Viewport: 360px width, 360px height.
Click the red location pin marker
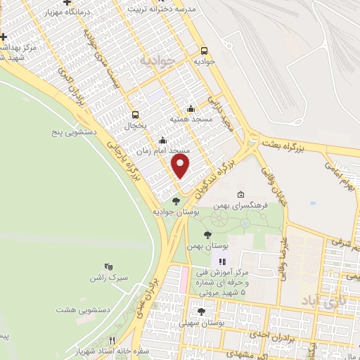click(x=181, y=166)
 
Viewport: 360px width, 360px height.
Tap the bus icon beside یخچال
click(x=135, y=115)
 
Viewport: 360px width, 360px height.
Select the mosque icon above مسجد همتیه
click(x=191, y=108)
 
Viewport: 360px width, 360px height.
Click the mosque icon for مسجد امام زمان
click(x=162, y=140)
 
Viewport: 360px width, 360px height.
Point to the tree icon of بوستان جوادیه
click(x=176, y=201)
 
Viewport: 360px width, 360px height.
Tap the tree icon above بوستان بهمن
click(x=207, y=236)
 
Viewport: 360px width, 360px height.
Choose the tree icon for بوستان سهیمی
click(x=201, y=311)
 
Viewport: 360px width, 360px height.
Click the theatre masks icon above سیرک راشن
click(x=108, y=266)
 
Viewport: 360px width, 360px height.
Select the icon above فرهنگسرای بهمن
click(x=240, y=195)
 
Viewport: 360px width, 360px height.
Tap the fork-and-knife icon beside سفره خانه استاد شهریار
click(x=110, y=340)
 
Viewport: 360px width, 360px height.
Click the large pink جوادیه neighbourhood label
click(x=156, y=60)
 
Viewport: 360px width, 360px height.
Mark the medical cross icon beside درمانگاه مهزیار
click(x=67, y=3)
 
